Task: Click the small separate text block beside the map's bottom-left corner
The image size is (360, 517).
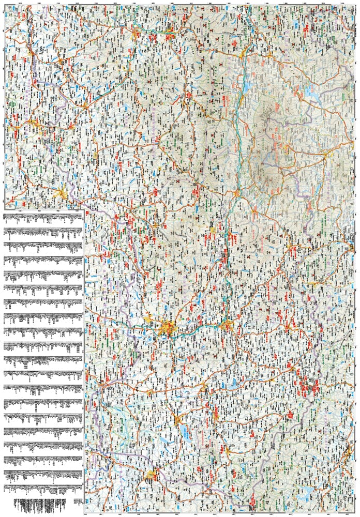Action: click(x=78, y=502)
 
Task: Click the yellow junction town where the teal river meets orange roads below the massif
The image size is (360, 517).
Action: click(x=235, y=194)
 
